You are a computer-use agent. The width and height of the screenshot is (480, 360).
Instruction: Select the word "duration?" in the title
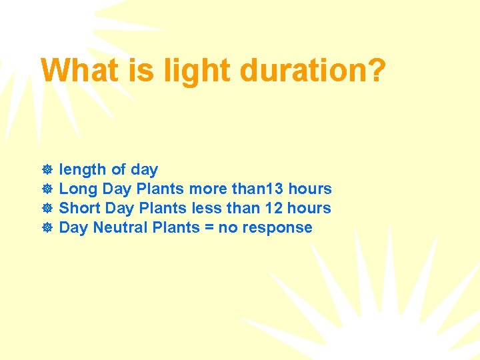313,70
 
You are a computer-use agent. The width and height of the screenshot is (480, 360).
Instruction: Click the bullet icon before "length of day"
47,170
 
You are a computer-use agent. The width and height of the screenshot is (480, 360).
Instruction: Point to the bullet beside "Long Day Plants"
47,189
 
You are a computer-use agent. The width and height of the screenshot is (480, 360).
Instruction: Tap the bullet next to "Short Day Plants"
47,209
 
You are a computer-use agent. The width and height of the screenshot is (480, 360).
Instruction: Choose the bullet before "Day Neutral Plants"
47,228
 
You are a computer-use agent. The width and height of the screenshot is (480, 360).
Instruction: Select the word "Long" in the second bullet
79,189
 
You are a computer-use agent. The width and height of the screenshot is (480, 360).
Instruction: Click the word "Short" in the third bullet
80,209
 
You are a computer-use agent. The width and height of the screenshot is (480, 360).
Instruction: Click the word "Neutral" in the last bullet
121,228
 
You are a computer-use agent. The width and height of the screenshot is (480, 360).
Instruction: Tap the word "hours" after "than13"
310,189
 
